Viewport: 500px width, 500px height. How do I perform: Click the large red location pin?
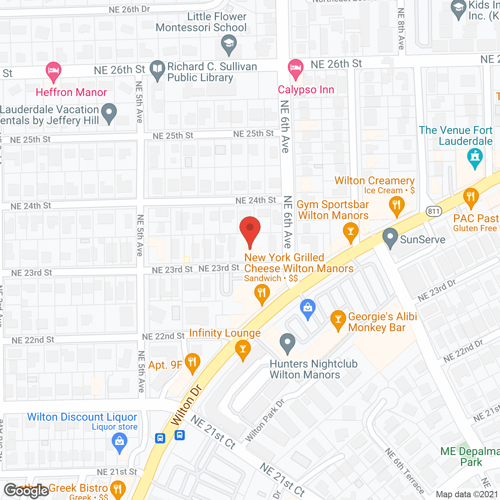tap(250, 230)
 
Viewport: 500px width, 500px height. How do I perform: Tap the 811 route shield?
tap(434, 211)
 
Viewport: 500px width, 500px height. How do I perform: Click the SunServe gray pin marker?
tap(390, 237)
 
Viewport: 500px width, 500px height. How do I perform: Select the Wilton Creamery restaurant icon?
tap(397, 206)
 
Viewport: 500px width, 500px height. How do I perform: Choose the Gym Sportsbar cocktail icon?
tap(350, 232)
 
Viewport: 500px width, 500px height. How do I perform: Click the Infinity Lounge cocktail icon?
tap(243, 349)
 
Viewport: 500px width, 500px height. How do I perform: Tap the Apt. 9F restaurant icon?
tap(192, 363)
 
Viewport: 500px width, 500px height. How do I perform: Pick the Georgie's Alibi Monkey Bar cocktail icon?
tap(338, 320)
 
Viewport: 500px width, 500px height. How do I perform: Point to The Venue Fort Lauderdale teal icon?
tap(475, 158)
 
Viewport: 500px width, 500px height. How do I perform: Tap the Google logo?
tap(27, 491)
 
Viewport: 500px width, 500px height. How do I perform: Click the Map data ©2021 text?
tap(467, 495)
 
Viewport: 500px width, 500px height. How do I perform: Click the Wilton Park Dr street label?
tap(265, 420)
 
